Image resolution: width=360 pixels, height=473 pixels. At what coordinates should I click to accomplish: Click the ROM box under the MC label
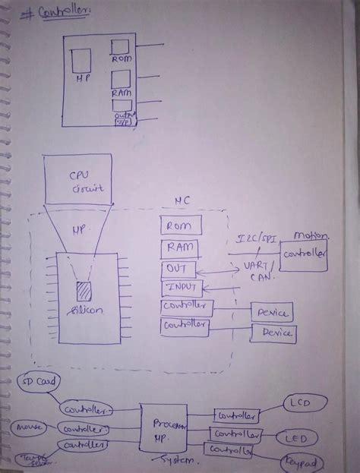click(x=181, y=225)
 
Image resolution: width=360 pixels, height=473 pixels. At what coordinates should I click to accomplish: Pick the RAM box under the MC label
click(x=179, y=248)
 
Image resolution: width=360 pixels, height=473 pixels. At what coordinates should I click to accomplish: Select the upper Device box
click(x=272, y=312)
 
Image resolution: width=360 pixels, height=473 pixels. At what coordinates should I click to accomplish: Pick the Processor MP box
click(x=164, y=430)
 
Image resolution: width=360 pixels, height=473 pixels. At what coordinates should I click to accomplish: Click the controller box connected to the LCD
click(x=236, y=416)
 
